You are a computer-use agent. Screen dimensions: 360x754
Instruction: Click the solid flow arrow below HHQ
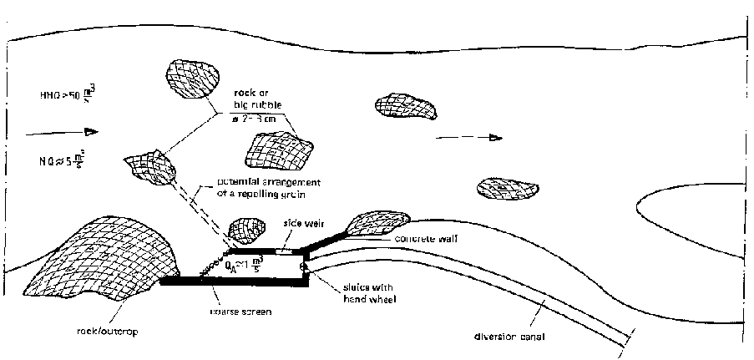[x=63, y=131]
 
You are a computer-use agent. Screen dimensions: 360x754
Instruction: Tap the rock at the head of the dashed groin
[x=149, y=168]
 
